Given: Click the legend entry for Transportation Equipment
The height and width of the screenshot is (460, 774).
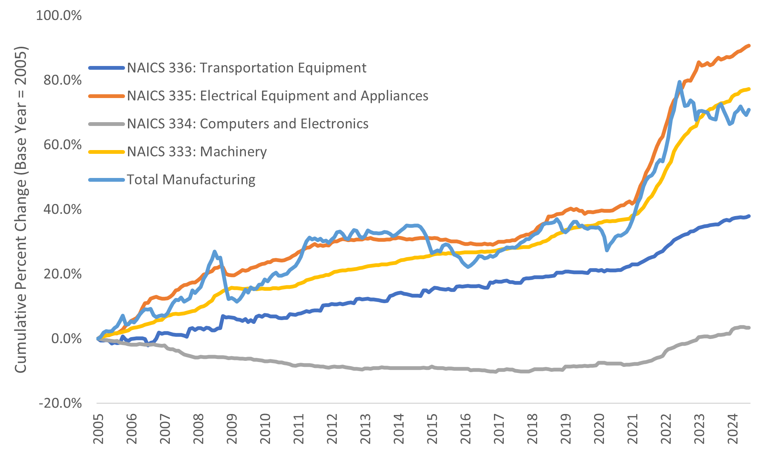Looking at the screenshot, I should pos(247,68).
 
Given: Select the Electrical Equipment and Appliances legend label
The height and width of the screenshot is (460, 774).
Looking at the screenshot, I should pos(277,96).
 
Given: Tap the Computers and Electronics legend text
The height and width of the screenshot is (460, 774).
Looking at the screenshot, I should pos(248,124).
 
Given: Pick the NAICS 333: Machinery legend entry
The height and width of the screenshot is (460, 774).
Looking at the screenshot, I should pos(197,152).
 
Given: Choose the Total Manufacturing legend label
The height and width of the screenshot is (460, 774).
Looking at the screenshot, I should pos(191,179).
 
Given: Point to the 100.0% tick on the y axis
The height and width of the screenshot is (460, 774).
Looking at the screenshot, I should pos(59,16).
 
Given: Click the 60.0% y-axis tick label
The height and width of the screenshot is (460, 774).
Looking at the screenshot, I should pos(62,145).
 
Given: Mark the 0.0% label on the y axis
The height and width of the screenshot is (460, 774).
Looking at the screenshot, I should pos(66,339).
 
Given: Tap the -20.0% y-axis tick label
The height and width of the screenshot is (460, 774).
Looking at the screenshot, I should pos(60,403).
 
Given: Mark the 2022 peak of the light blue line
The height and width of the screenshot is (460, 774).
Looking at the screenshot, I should pos(680,82).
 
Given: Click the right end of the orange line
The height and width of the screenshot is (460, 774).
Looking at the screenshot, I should pos(749,46).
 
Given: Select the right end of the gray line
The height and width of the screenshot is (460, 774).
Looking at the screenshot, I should pos(749,328).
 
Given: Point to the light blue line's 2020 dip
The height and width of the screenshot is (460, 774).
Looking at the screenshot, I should pos(607,250).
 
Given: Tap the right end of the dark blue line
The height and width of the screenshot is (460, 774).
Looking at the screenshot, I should pos(749,216).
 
